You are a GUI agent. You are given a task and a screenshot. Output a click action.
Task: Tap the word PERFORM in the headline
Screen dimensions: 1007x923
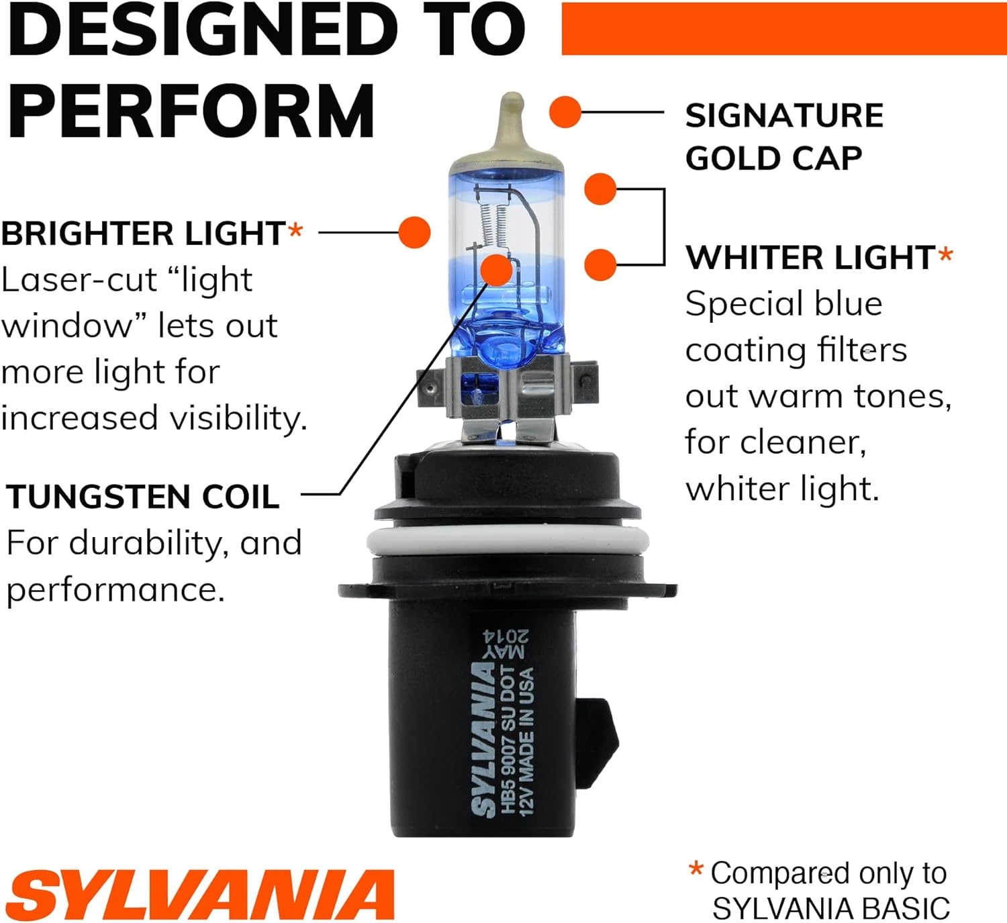[191, 111]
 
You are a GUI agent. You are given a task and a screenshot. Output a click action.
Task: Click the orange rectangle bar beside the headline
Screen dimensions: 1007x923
[784, 29]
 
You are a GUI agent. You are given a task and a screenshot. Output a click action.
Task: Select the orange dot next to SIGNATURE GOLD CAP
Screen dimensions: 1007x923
[565, 112]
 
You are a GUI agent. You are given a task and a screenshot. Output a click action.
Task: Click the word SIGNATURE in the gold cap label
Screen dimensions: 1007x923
[784, 115]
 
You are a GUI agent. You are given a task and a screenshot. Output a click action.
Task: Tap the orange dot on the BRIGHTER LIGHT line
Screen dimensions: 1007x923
[415, 232]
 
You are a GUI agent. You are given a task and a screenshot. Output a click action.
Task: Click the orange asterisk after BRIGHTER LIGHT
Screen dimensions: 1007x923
[295, 230]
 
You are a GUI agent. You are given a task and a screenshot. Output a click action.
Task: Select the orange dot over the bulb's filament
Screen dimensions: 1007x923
[496, 270]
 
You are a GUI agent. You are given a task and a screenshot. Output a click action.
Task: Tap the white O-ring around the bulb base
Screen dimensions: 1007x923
[508, 542]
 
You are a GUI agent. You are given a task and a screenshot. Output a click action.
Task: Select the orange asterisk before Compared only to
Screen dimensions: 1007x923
[696, 868]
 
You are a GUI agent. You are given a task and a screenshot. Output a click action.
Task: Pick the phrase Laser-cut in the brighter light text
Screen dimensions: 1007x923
[79, 280]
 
